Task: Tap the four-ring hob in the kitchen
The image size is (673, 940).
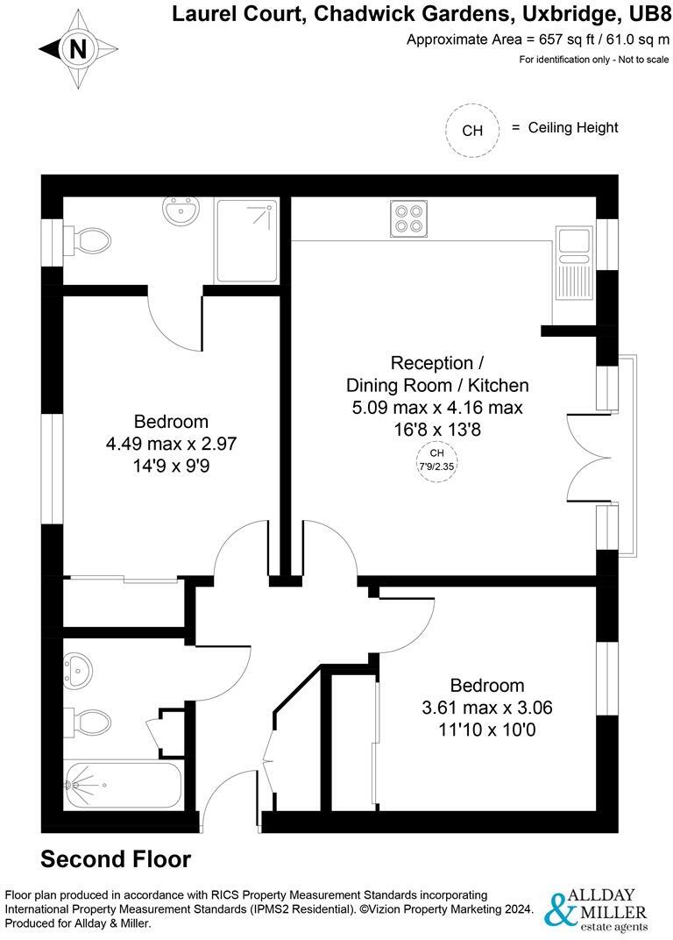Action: point(408,217)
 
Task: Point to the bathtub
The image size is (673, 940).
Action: point(123,784)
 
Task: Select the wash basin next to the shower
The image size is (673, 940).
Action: point(181,211)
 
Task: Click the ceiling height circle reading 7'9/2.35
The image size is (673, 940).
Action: point(437,459)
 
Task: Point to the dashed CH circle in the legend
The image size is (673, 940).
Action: point(472,131)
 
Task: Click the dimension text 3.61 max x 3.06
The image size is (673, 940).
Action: point(487,708)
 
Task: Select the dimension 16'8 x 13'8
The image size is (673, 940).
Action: point(436,430)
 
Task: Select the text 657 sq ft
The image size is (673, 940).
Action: point(548,39)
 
